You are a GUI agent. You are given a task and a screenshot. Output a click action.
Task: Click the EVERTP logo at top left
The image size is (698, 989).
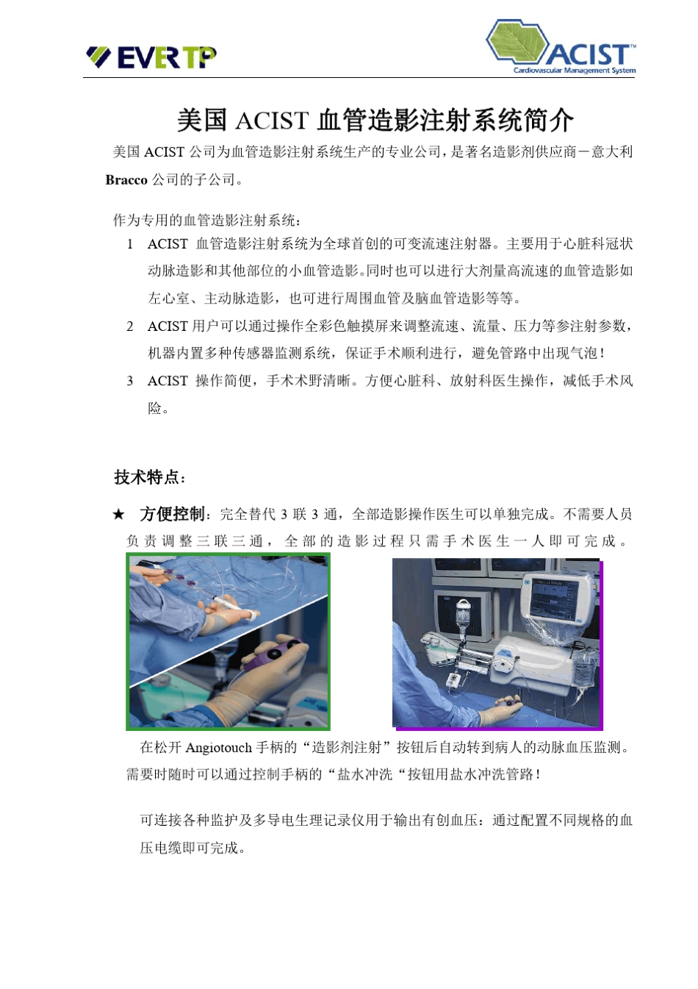(151, 57)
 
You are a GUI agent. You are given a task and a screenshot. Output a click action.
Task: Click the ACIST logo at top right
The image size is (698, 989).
(561, 48)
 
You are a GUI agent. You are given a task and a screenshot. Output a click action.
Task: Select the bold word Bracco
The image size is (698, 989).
(126, 180)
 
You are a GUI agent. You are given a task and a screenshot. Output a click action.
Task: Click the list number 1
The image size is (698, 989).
(130, 244)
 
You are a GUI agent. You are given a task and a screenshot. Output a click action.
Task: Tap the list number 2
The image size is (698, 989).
(130, 326)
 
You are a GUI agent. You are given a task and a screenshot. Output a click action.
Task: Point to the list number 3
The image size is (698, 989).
(130, 381)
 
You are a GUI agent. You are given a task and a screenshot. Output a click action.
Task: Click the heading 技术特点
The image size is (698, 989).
(150, 477)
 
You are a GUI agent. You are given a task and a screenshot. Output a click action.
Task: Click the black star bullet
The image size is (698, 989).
(118, 515)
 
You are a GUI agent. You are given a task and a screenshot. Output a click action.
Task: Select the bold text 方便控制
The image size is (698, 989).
(172, 514)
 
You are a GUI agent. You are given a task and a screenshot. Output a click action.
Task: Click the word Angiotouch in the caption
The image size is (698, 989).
(218, 748)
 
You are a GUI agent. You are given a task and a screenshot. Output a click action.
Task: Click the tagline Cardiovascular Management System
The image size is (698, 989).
(574, 71)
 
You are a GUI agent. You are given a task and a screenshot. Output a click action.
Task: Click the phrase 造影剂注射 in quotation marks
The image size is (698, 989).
(347, 748)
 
